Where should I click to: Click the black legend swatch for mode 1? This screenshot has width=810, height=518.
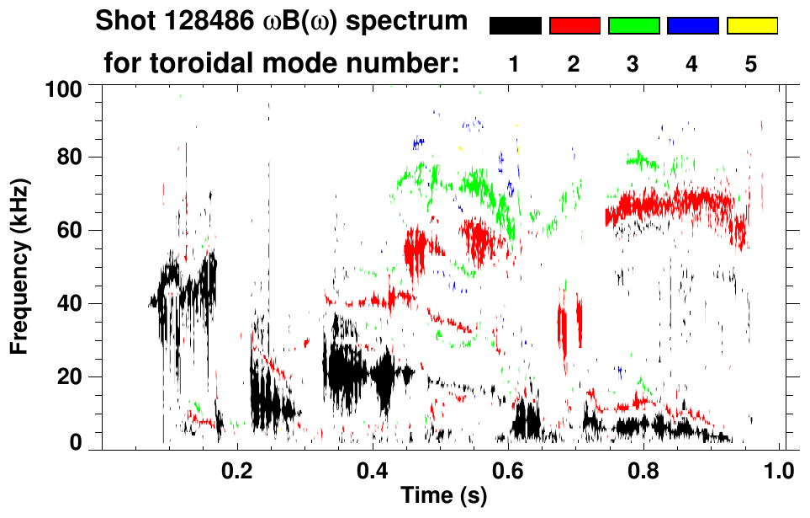point(515,26)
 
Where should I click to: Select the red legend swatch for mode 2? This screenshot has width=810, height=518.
point(574,26)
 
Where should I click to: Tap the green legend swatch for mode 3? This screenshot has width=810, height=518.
point(633,26)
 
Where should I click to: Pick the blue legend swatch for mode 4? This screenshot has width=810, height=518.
point(692,26)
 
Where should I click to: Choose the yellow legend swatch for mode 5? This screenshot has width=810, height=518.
point(752,26)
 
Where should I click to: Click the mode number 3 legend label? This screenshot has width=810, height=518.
point(633,66)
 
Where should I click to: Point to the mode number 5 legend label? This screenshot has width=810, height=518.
point(751,66)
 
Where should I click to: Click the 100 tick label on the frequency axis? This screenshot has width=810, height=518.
point(61,88)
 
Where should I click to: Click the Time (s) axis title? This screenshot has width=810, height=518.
point(443,496)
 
